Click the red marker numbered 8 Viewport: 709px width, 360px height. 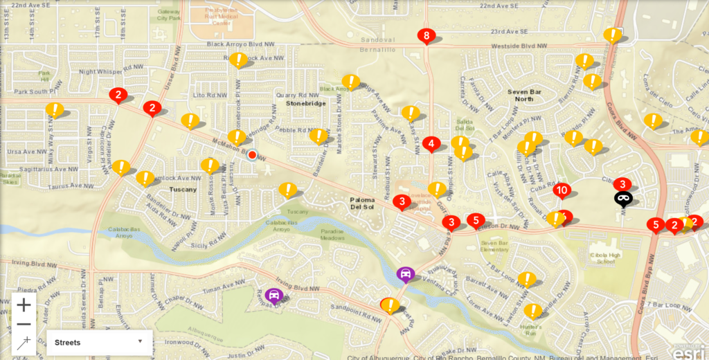427,36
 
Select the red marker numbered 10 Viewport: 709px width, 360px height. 562,190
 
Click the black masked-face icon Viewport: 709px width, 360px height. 623,199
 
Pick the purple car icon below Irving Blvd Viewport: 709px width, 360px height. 274,296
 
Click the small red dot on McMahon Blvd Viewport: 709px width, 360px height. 252,155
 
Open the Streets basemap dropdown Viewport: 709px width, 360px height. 100,342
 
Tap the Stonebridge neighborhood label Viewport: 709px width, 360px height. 305,103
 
